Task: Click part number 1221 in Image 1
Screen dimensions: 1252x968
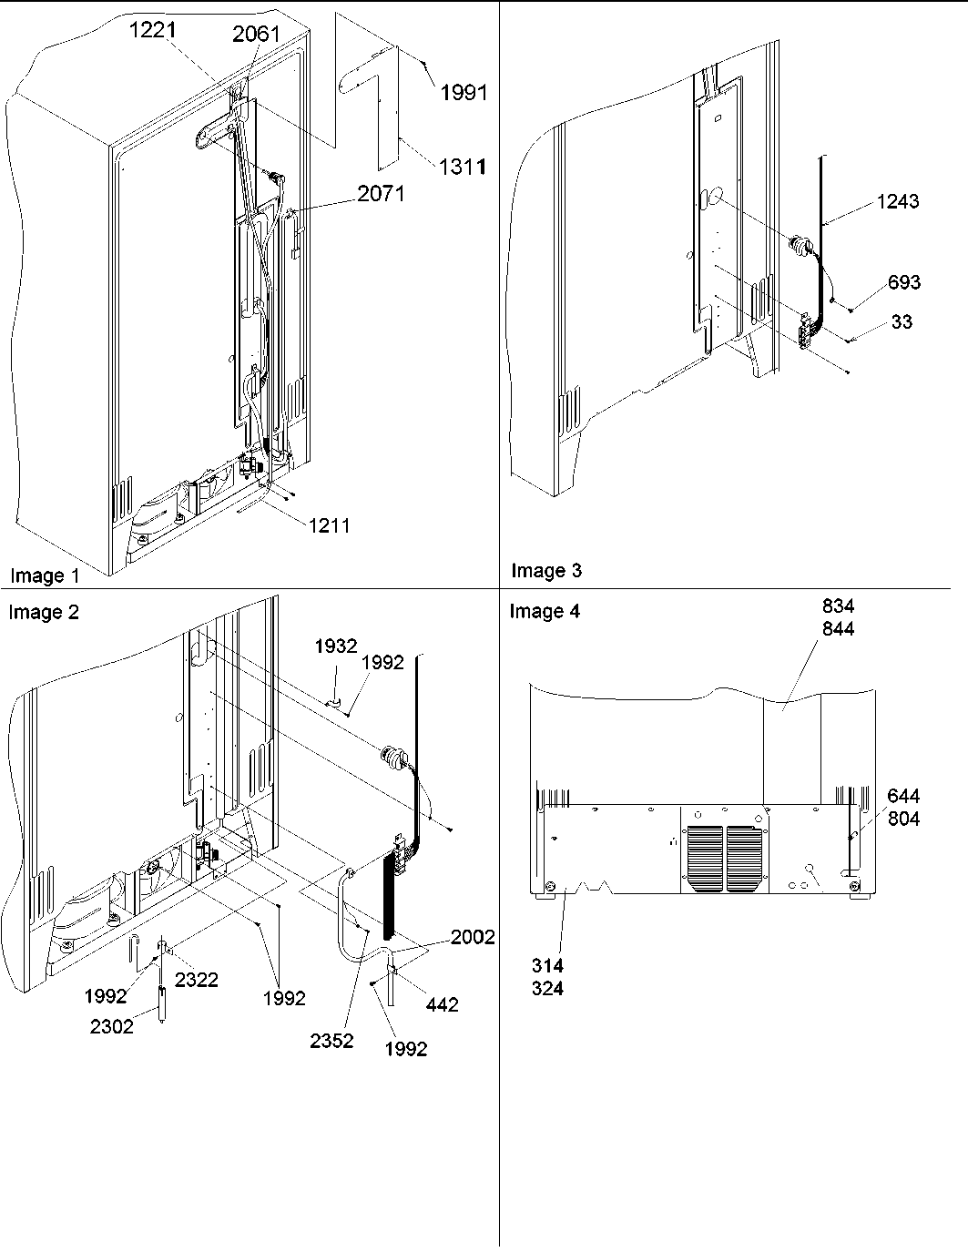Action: (x=152, y=31)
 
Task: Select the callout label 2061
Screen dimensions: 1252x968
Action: (x=256, y=36)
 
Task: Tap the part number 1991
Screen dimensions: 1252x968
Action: (x=464, y=92)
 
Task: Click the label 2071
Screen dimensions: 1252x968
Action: (x=382, y=192)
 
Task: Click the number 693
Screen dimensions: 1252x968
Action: (x=904, y=282)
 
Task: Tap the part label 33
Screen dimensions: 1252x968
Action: (x=902, y=321)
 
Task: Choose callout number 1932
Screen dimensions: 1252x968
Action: (x=336, y=646)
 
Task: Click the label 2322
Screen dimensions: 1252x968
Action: (x=197, y=980)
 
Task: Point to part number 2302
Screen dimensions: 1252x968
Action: (x=112, y=1026)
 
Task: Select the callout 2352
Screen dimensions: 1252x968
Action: (x=331, y=1042)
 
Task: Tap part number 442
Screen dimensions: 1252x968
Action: (x=441, y=1004)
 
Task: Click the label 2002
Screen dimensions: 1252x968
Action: (x=472, y=937)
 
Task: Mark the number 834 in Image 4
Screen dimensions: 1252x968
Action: (x=838, y=606)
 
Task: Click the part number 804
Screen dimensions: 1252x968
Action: (x=903, y=819)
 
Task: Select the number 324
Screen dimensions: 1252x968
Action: (x=547, y=989)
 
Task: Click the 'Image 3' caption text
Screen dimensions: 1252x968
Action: (x=546, y=571)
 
